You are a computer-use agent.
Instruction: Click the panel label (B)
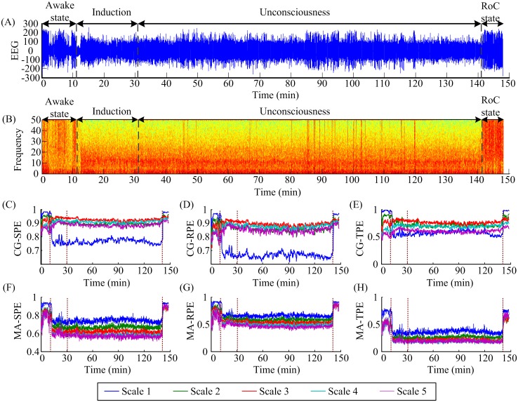click(9, 110)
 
